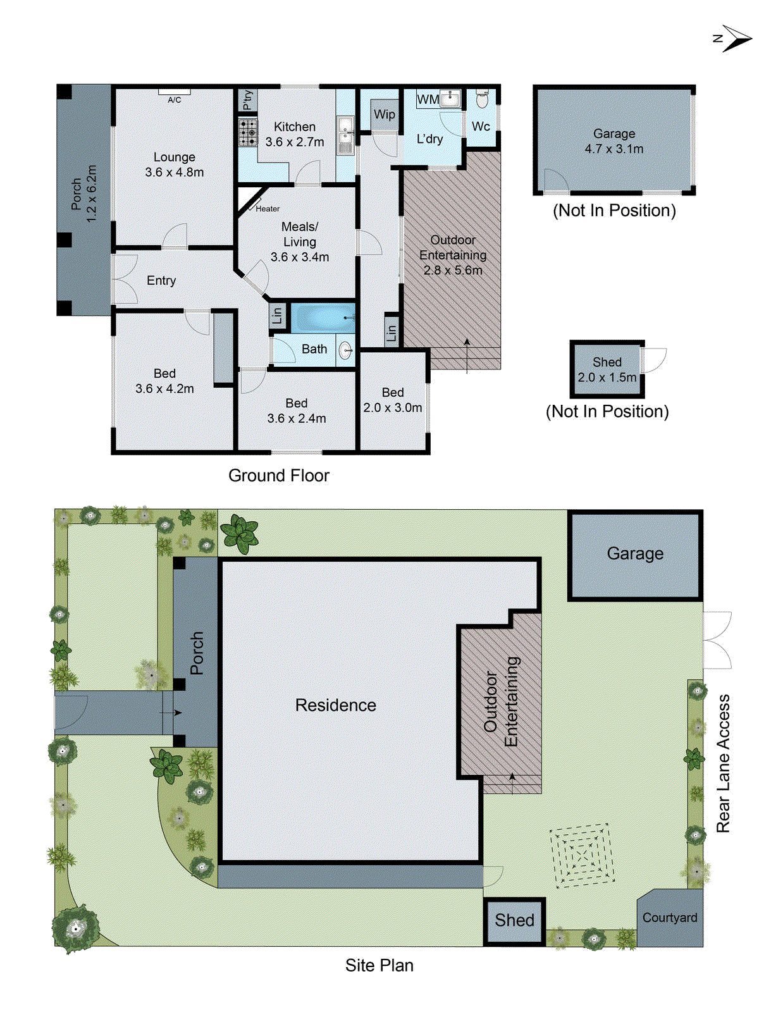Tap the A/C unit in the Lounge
tap(174, 93)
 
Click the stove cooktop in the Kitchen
tap(248, 132)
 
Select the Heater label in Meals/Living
tap(268, 209)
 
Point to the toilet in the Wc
tap(482, 99)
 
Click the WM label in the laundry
tap(428, 99)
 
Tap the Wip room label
tap(384, 114)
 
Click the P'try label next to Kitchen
tap(248, 100)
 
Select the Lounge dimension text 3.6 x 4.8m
tap(174, 172)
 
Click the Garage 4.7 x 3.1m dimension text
tap(614, 149)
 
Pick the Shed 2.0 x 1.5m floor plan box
tap(607, 369)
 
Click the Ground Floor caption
tap(278, 476)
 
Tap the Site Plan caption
tap(379, 965)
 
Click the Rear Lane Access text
tap(723, 763)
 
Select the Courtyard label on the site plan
tap(669, 918)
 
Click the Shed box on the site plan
tap(514, 920)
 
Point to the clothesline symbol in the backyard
tap(582, 855)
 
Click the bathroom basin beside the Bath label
tap(345, 350)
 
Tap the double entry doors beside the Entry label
tap(125, 279)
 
